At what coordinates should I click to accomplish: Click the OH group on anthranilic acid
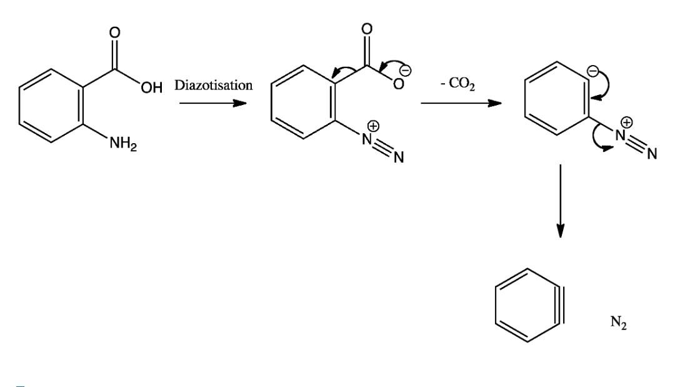tap(151, 88)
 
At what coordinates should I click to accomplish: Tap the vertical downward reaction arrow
tap(561, 200)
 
